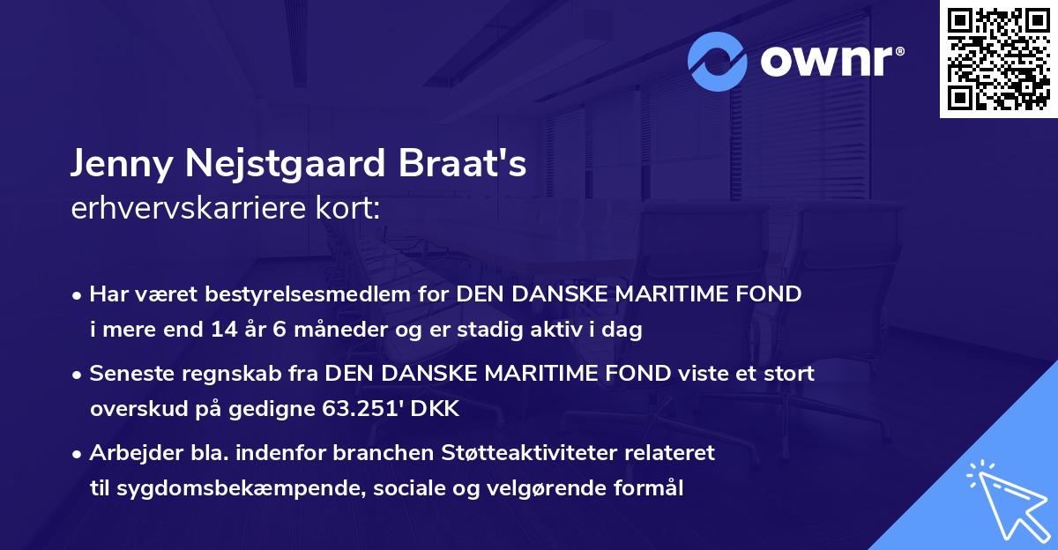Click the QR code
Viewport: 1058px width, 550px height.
pos(999,58)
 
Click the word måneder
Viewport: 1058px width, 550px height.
pos(345,331)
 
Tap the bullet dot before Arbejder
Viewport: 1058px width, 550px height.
pos(78,454)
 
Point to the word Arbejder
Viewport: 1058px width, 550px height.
pos(129,453)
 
